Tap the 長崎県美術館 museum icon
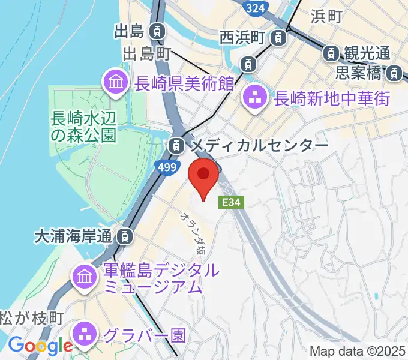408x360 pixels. (x=115, y=83)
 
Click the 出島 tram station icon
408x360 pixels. (x=157, y=30)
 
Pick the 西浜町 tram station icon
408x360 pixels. (x=278, y=38)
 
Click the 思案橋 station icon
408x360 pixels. (x=394, y=74)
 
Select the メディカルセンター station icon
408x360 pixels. (x=176, y=145)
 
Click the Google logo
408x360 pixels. (x=40, y=346)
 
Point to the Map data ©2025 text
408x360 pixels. (x=358, y=351)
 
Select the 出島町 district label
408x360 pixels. (x=147, y=54)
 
